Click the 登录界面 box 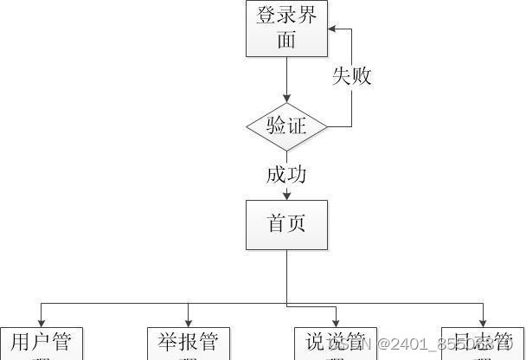click(x=286, y=28)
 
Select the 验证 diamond click(x=286, y=126)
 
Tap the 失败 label click(x=352, y=76)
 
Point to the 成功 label click(x=286, y=175)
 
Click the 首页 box click(x=286, y=225)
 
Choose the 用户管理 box click(x=41, y=344)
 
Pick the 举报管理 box click(x=188, y=344)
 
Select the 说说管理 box click(x=336, y=344)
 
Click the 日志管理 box click(x=482, y=344)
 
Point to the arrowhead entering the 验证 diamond click(x=286, y=100)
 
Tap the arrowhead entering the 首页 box click(x=286, y=196)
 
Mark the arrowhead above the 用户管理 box click(x=41, y=322)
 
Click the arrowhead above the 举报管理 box click(x=188, y=322)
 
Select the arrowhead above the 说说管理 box click(x=336, y=322)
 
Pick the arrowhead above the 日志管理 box click(x=482, y=322)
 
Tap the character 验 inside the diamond click(x=276, y=126)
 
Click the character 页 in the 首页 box click(x=297, y=225)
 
